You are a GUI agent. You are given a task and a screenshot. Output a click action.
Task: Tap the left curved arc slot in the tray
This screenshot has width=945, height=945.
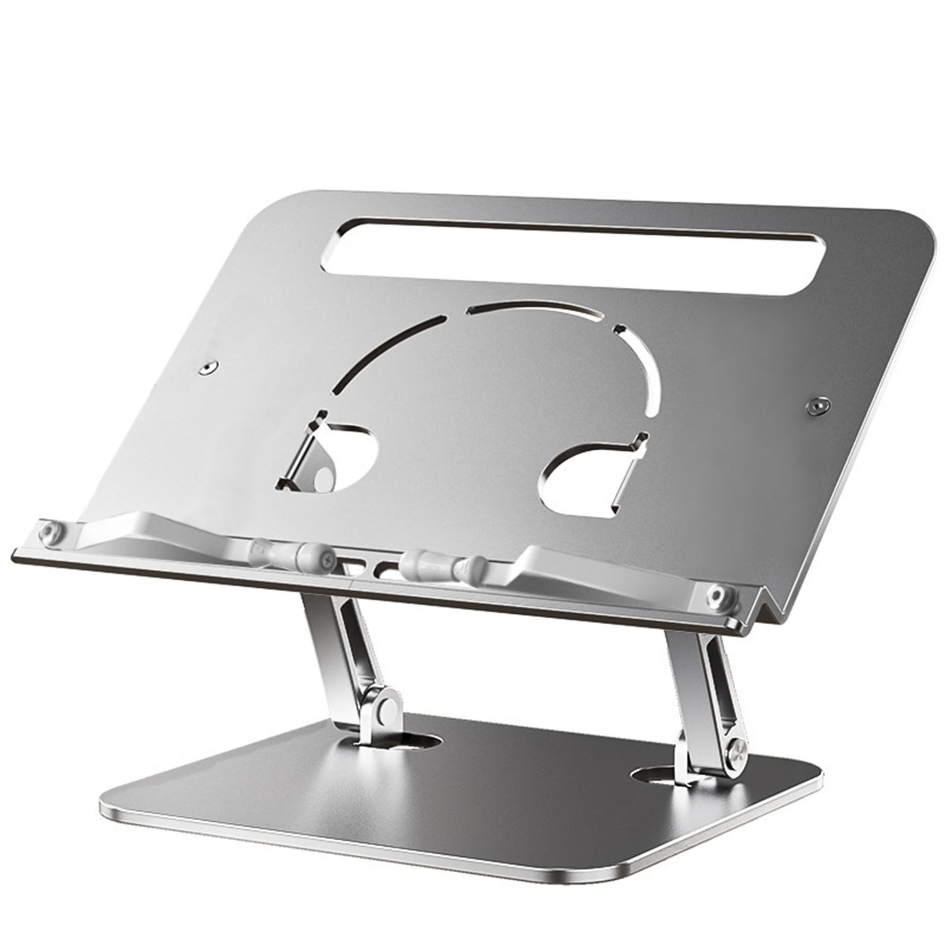click(x=387, y=352)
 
